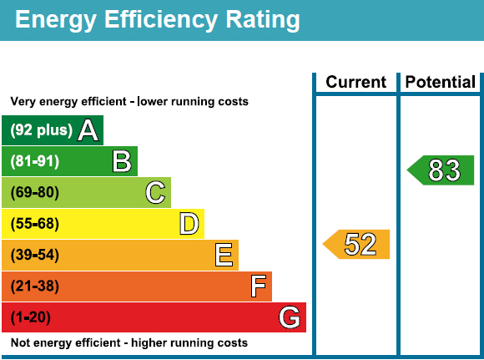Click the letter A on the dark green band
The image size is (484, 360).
(88, 130)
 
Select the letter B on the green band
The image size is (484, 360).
(123, 161)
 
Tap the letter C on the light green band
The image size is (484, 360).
(155, 193)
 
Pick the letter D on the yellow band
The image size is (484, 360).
(189, 224)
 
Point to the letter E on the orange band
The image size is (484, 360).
(224, 255)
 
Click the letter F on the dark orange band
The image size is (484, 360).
(259, 286)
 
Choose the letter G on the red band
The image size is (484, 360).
(289, 317)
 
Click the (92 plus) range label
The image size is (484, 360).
(42, 130)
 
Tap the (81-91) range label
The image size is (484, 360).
(35, 161)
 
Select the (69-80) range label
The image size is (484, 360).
(35, 193)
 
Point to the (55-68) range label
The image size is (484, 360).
(35, 224)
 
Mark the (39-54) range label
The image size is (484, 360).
(35, 255)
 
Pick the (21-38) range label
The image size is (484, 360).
(35, 286)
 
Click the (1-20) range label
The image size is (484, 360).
(32, 317)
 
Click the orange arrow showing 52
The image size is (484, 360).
(357, 244)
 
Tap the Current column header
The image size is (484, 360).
(356, 82)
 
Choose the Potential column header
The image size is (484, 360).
(440, 82)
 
